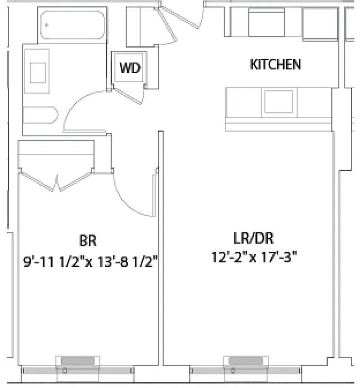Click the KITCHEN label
[x=275, y=65]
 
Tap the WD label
[x=130, y=68]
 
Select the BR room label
[x=88, y=240]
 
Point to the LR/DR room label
[x=253, y=238]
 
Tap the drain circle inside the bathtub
[x=47, y=24]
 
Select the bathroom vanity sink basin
[x=38, y=73]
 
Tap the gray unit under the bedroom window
[x=79, y=361]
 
